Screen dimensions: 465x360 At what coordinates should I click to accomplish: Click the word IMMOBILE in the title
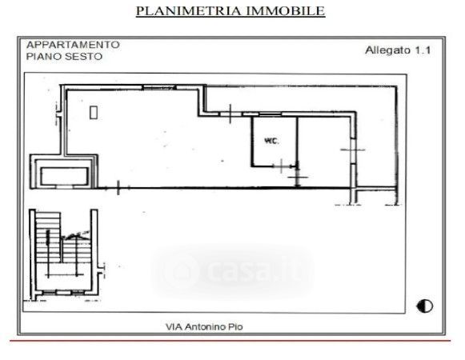[286, 11]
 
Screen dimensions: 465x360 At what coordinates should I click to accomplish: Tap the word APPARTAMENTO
[73, 45]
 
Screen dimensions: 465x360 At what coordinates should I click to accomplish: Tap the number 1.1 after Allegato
[423, 50]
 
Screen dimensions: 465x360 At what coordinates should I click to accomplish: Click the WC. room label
[271, 141]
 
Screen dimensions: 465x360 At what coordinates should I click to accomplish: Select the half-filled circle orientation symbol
[425, 306]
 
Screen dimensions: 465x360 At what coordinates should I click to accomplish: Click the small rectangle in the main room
[94, 112]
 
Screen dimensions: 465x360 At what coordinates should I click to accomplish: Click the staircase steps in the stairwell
[63, 238]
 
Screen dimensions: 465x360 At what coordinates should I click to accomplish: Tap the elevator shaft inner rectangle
[65, 176]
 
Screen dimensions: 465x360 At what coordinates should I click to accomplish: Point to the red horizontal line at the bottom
[230, 341]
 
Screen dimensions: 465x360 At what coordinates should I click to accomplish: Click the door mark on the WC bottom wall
[282, 166]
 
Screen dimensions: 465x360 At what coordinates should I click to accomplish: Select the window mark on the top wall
[159, 87]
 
